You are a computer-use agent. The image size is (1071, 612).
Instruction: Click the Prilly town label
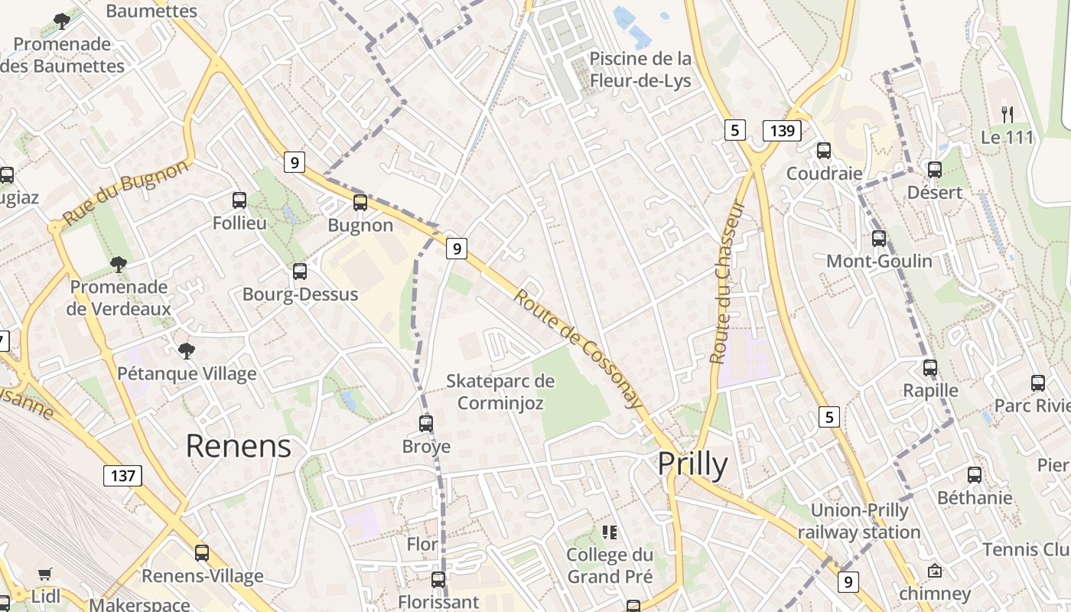point(692,464)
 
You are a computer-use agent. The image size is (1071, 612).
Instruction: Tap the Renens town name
point(239,446)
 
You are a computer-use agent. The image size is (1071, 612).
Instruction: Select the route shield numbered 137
point(122,476)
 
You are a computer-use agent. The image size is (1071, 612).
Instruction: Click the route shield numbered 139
point(782,131)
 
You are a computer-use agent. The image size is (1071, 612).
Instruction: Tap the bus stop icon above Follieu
point(239,200)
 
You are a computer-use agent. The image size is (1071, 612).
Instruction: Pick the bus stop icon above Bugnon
point(360,203)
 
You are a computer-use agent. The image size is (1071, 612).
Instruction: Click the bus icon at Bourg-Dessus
point(300,272)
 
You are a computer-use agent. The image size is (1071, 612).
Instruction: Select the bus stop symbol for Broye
point(426,423)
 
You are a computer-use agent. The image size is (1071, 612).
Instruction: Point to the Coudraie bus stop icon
point(824,151)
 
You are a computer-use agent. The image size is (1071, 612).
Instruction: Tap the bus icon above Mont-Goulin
point(879,239)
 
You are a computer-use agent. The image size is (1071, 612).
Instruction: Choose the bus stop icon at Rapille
point(930,368)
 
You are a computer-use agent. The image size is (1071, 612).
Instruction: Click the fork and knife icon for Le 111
point(1008,115)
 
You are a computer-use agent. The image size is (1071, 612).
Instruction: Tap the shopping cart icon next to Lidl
point(45,574)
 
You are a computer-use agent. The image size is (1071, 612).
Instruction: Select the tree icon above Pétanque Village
point(186,351)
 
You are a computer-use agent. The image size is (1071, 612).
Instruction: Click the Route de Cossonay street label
point(577,348)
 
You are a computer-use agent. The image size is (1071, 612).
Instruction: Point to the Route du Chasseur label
point(728,282)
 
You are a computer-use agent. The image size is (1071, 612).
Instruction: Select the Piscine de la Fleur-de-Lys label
point(640,70)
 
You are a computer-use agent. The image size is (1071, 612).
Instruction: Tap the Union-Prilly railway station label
point(859,521)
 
